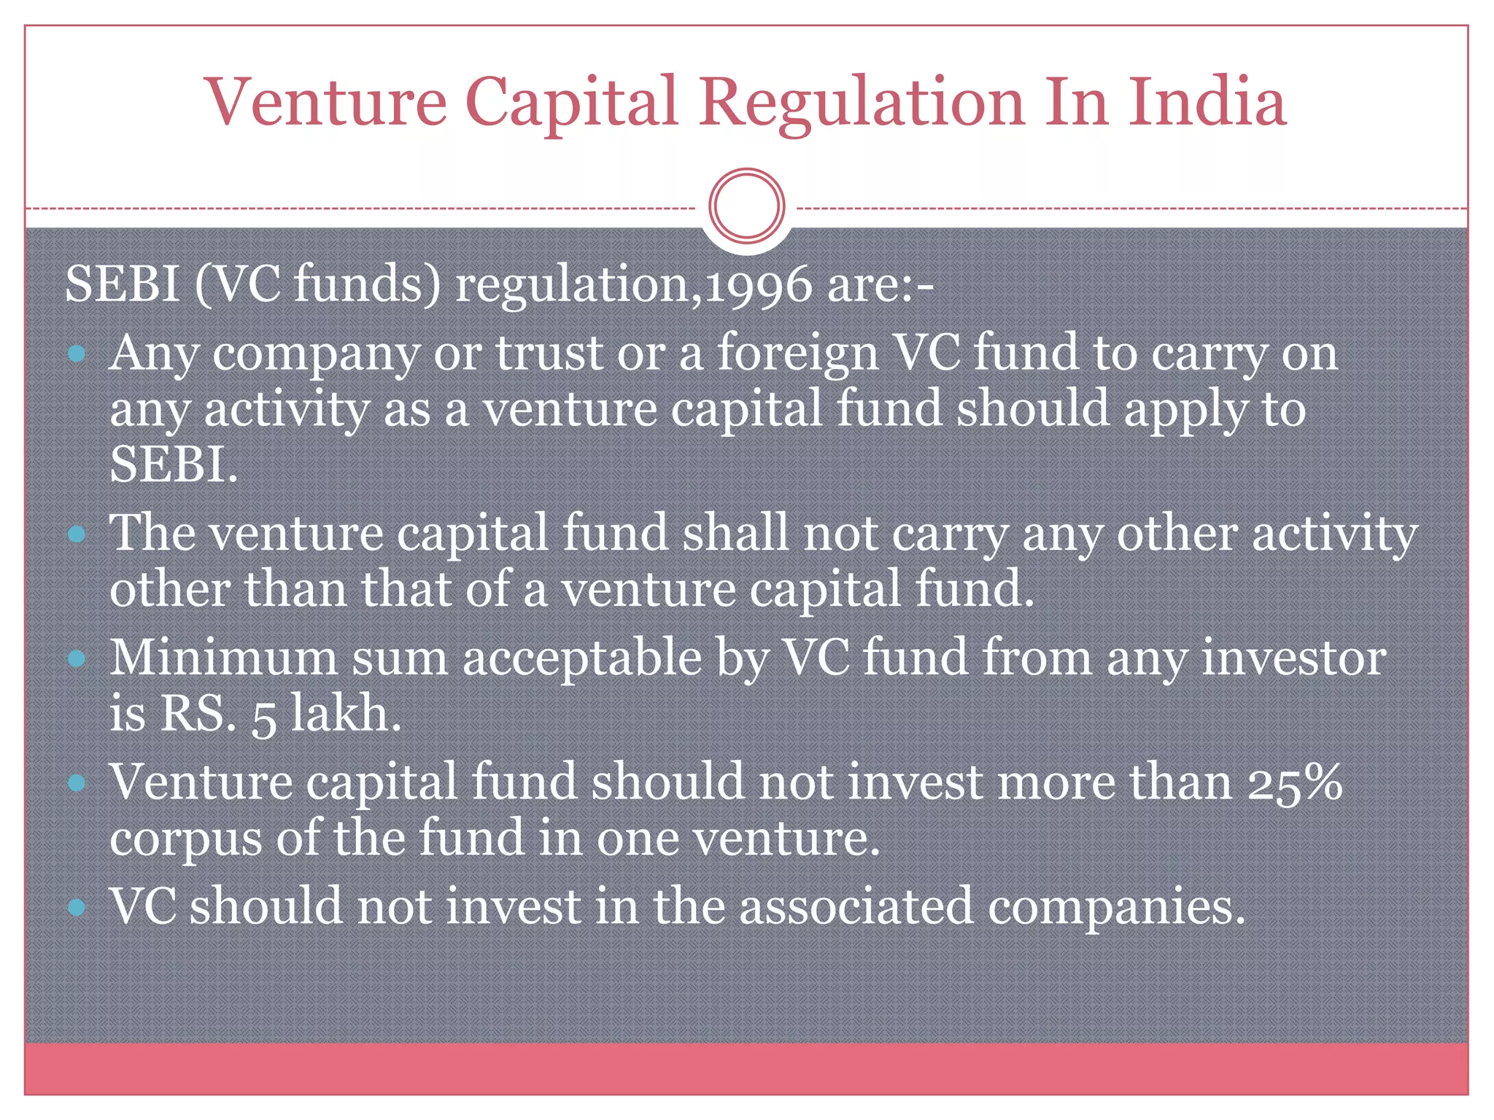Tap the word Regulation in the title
pos(862,104)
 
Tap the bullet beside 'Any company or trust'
pos(76,355)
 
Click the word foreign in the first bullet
pos(797,354)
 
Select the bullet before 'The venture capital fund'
pos(76,534)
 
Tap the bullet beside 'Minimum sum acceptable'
pos(76,659)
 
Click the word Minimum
pos(223,657)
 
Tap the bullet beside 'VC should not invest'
pos(76,908)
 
